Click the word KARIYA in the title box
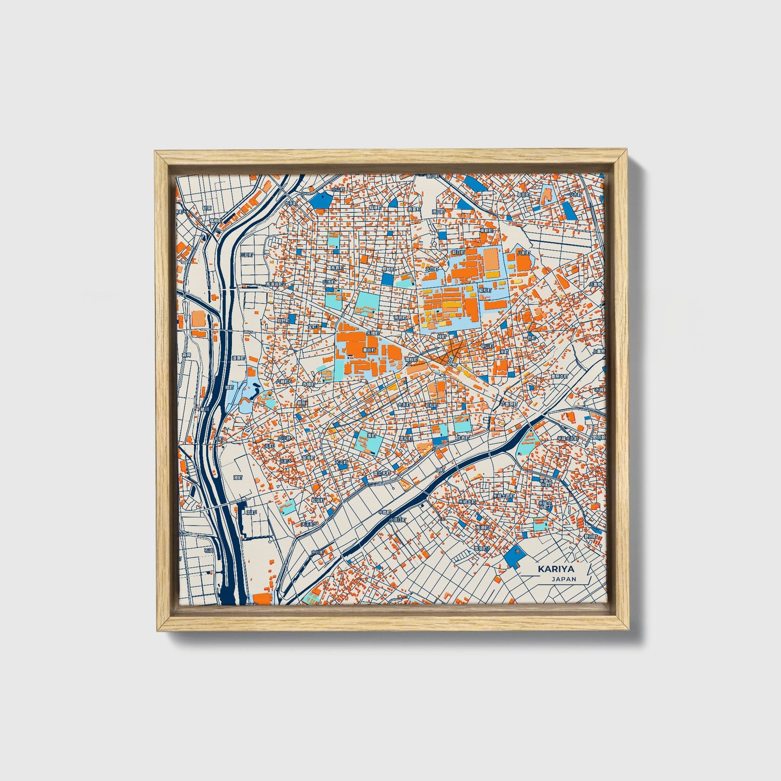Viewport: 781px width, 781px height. click(556, 569)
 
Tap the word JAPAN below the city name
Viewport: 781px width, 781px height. click(564, 579)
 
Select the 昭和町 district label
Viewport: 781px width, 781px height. click(485, 290)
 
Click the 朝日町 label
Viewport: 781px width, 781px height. click(457, 252)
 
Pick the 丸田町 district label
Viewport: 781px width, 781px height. click(431, 269)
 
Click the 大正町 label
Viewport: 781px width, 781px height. click(341, 463)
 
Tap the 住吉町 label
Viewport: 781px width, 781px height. click(463, 438)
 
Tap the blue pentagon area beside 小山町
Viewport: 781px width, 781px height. click(322, 201)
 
